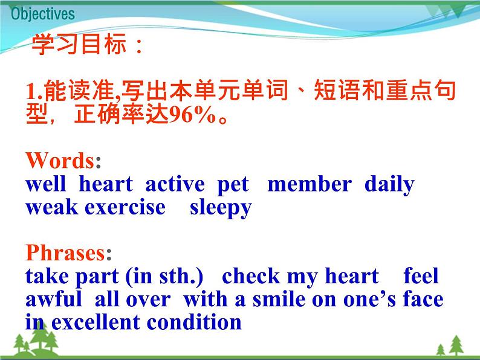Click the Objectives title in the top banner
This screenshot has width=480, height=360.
[x=43, y=13]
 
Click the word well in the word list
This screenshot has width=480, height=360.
[x=45, y=184]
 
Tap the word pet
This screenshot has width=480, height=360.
[x=233, y=184]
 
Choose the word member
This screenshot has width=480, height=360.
[x=309, y=184]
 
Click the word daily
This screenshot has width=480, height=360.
[x=389, y=184]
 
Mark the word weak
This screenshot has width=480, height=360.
[x=52, y=207]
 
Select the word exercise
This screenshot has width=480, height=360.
[x=125, y=207]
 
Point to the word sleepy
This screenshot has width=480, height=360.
[x=221, y=208]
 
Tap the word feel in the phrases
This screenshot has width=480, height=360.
[x=421, y=276]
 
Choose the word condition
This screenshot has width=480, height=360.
[x=199, y=322]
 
